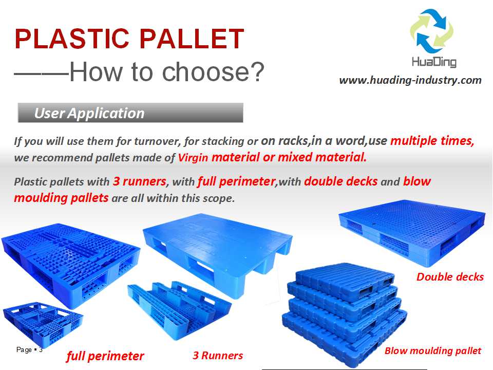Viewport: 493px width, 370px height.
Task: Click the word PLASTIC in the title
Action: point(72,39)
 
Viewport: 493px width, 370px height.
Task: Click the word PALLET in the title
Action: point(192,39)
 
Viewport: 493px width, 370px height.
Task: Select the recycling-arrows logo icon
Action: point(432,31)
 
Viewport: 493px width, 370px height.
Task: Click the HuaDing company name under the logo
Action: point(434,62)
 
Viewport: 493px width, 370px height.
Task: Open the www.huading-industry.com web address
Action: point(410,80)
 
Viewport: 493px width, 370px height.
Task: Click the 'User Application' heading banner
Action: point(130,113)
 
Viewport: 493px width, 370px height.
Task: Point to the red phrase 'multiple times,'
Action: point(432,141)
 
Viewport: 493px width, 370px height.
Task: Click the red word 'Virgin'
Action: point(193,157)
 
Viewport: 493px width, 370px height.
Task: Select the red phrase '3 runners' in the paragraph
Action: point(139,181)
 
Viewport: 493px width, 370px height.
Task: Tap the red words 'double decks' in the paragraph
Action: point(341,181)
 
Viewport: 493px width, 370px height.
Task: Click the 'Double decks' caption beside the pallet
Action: point(450,277)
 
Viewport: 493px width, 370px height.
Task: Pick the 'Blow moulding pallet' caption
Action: point(432,350)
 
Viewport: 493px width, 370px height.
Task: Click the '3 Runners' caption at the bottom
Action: point(218,356)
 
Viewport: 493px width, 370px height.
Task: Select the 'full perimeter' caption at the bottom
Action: point(105,356)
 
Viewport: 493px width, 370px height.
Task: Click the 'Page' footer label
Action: point(24,349)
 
